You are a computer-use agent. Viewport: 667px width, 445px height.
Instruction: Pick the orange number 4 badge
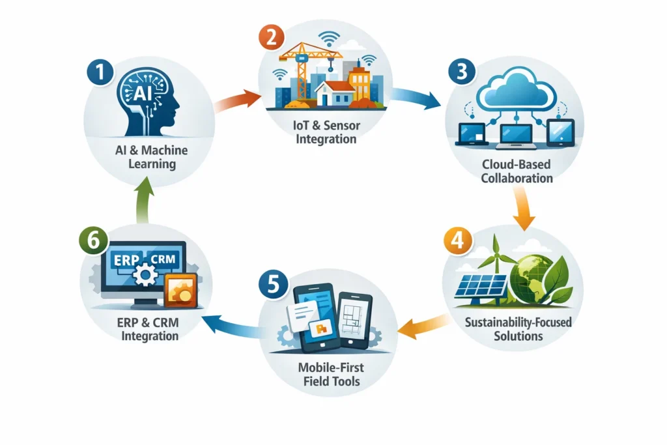458,241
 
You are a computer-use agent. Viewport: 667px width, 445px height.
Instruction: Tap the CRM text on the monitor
163,259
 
